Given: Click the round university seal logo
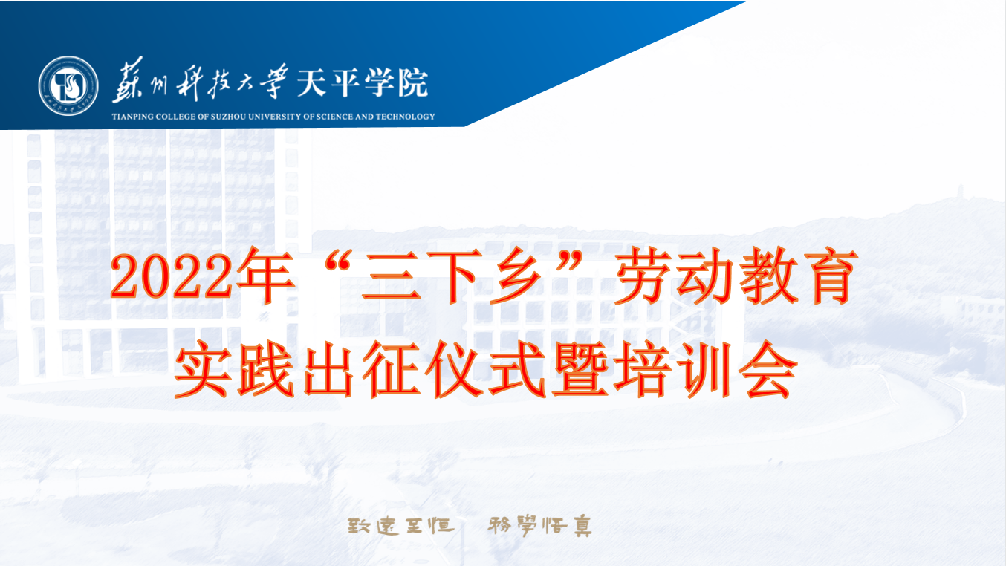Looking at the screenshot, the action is [x=68, y=85].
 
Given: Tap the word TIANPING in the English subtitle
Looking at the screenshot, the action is [x=132, y=117].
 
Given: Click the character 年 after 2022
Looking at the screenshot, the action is [x=266, y=275].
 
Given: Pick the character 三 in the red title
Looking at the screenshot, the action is [x=391, y=277].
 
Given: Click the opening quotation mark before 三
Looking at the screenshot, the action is [x=338, y=261].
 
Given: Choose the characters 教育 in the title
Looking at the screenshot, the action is [x=797, y=275].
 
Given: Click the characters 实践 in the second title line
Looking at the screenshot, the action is [x=234, y=369].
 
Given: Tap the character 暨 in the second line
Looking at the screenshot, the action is [x=581, y=369].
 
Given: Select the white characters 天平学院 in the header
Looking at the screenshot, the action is [x=362, y=82].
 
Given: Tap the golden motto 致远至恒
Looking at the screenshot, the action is [x=400, y=526].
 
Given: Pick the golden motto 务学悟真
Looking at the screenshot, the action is [x=540, y=526].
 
